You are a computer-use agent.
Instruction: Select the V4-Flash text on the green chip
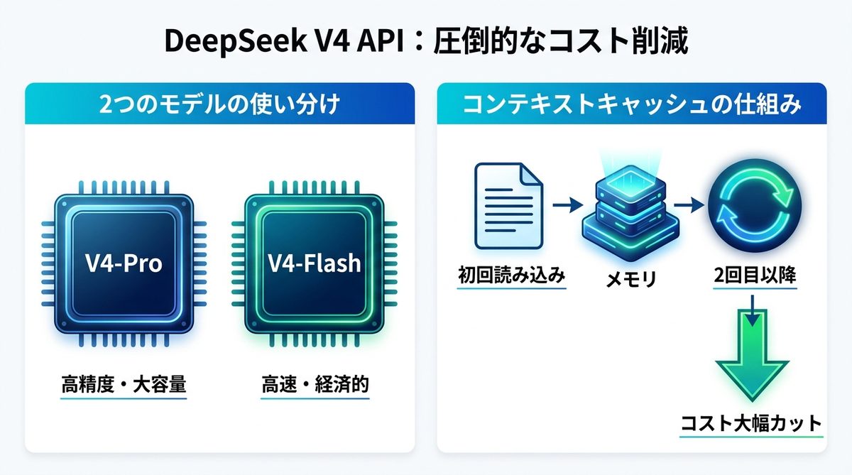[314, 263]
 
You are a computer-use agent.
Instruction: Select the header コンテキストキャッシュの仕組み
[632, 106]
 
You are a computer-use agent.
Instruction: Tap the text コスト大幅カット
[751, 424]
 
